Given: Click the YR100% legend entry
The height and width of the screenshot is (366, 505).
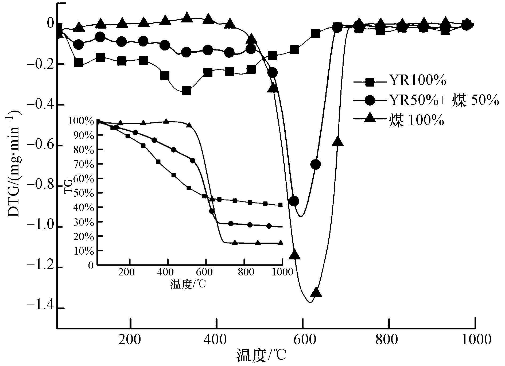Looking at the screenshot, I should pyautogui.click(x=417, y=81).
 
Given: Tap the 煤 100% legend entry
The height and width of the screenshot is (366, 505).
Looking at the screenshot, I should pyautogui.click(x=416, y=121).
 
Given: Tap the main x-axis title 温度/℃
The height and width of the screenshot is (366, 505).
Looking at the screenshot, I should pyautogui.click(x=261, y=356).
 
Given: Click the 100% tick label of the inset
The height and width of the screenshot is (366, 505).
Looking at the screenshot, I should pyautogui.click(x=82, y=121).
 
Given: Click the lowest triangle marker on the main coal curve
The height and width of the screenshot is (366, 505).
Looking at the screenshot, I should pyautogui.click(x=316, y=292).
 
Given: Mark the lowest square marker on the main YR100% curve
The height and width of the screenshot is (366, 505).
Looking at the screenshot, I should pyautogui.click(x=186, y=91).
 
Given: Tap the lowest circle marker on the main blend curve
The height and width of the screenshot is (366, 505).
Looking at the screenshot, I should pyautogui.click(x=294, y=201).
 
